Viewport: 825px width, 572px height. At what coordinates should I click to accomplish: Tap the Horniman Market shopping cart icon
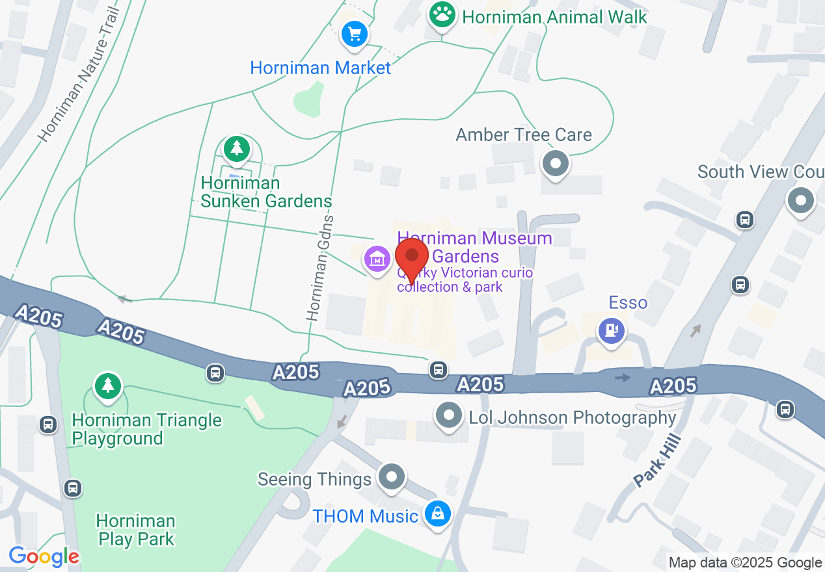pos(355,34)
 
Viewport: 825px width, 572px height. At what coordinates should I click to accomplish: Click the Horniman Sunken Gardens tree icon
pos(236,149)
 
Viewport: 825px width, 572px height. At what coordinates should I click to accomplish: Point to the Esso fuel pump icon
pos(612,331)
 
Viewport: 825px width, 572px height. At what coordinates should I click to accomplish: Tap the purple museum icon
pos(377,259)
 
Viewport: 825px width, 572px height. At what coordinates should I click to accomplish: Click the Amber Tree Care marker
pos(556,163)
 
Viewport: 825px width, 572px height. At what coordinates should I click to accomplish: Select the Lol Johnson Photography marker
pos(448,415)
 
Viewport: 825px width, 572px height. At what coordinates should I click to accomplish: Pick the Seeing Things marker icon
pos(392,478)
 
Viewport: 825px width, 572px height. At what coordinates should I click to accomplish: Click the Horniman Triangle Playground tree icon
pos(107,385)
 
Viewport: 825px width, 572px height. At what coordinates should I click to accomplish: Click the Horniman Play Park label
pos(135,530)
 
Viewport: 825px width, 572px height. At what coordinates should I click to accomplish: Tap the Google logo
pos(44,556)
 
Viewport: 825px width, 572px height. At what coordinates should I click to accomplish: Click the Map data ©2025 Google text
pos(745,563)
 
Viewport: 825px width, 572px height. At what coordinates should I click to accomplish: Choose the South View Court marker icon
pos(801,201)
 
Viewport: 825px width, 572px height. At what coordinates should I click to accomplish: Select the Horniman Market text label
pos(321,68)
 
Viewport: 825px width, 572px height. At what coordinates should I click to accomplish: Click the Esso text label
pos(628,303)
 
